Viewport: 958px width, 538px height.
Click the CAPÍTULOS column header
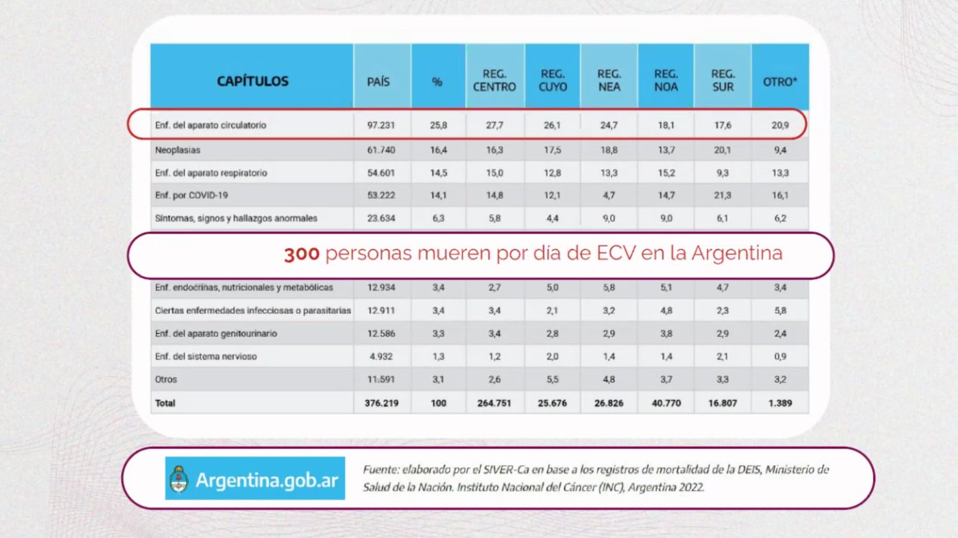[252, 81]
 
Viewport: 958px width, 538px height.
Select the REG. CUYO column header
[552, 80]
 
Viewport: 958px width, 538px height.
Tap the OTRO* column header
[780, 81]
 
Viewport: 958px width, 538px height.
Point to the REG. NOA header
[666, 80]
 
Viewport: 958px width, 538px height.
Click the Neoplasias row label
[178, 150]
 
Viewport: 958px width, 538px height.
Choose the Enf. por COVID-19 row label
[191, 195]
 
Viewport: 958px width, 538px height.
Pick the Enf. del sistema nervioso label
[206, 356]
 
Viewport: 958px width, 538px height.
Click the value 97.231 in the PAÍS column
[381, 125]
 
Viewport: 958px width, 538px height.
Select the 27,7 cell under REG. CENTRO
[494, 125]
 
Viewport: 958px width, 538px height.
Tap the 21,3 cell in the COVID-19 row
[722, 195]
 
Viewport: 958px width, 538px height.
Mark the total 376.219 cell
[381, 403]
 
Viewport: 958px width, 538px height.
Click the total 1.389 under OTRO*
[780, 403]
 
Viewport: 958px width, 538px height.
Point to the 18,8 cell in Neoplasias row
[609, 150]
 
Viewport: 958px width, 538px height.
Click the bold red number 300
[301, 254]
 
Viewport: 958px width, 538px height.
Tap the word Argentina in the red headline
[737, 253]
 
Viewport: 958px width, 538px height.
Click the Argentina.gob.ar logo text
[267, 480]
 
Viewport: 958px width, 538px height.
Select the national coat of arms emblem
[179, 479]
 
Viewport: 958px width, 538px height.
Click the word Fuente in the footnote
[381, 470]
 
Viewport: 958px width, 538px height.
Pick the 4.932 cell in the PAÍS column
[381, 356]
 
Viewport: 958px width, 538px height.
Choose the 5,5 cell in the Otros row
[552, 380]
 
